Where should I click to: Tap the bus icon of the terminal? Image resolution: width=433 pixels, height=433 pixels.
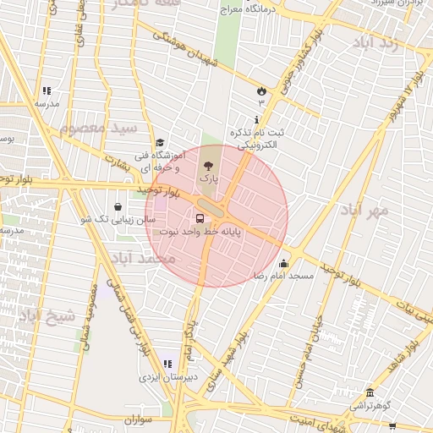click(200, 216)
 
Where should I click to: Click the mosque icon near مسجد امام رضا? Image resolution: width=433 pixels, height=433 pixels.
click(283, 262)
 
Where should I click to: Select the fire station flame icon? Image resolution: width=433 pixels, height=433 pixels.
click(260, 90)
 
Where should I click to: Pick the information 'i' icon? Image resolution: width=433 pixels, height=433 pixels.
click(257, 121)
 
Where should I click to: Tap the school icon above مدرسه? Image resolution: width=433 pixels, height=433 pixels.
click(47, 90)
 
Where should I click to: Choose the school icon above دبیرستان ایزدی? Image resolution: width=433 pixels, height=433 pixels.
click(167, 364)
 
